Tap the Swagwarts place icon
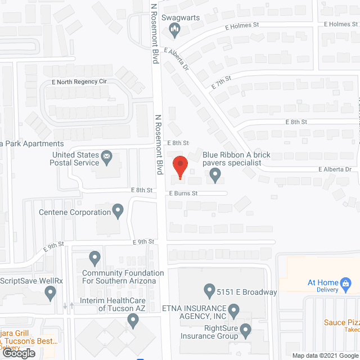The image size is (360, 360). [x=174, y=33]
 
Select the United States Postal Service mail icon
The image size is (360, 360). [x=106, y=155]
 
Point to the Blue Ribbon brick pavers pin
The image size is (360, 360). [x=215, y=176]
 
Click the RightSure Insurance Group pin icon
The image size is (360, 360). [x=245, y=330]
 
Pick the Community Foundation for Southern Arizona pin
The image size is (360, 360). [x=94, y=258]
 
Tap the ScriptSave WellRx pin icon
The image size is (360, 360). [x=51, y=292]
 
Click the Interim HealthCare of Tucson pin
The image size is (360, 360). [x=133, y=321]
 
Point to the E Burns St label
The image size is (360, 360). [x=184, y=193]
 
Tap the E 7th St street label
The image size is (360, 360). [x=221, y=83]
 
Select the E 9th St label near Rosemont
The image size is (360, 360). [x=143, y=242]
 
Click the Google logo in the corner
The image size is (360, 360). [x=17, y=353]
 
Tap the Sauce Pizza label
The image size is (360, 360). [x=341, y=323]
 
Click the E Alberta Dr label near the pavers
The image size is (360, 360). [x=335, y=169]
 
